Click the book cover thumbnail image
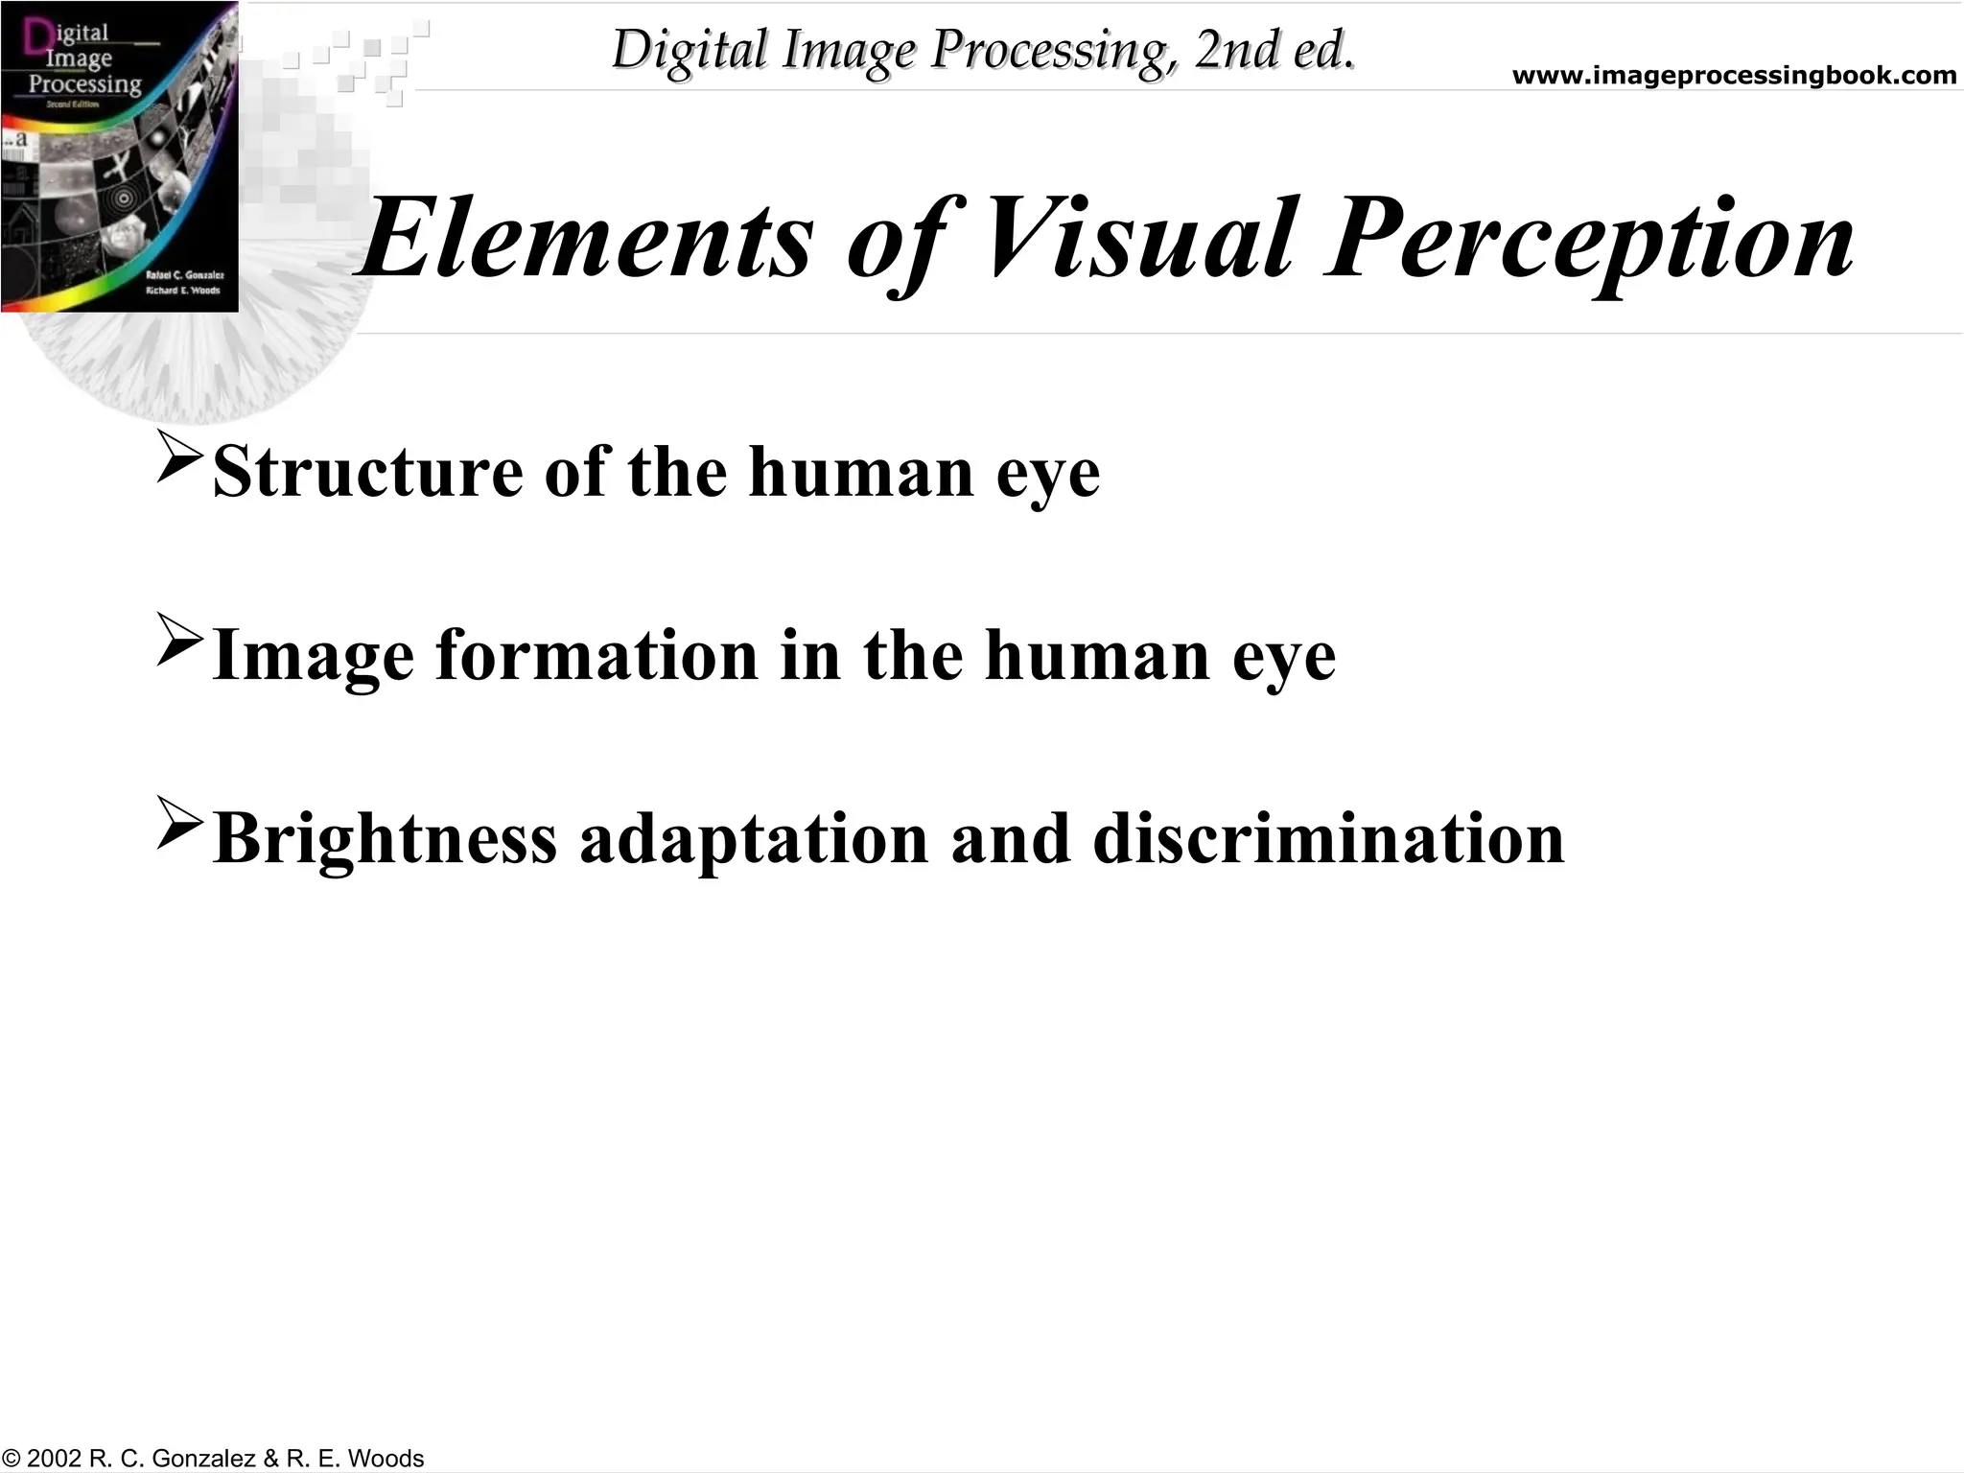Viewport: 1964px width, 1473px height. tap(119, 156)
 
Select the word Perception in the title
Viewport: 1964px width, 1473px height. tap(1588, 240)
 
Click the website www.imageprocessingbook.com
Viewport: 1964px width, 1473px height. tap(1734, 76)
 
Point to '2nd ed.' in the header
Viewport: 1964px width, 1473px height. tap(1274, 50)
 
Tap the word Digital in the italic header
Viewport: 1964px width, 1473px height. tap(689, 50)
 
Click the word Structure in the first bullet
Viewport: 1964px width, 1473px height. tap(367, 472)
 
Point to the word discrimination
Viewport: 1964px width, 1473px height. tap(1328, 838)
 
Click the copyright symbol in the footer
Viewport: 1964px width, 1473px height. tap(12, 1459)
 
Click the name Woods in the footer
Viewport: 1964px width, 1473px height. tap(386, 1459)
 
